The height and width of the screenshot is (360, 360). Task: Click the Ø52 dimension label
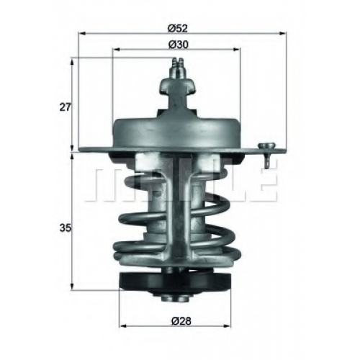[178, 29]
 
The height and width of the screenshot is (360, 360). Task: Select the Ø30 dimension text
[178, 45]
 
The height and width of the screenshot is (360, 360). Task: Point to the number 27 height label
[66, 107]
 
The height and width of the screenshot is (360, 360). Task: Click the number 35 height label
[66, 228]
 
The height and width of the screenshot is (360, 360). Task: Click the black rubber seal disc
[174, 282]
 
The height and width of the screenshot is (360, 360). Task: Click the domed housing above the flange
[176, 132]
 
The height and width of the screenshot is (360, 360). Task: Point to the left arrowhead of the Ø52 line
[82, 34]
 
